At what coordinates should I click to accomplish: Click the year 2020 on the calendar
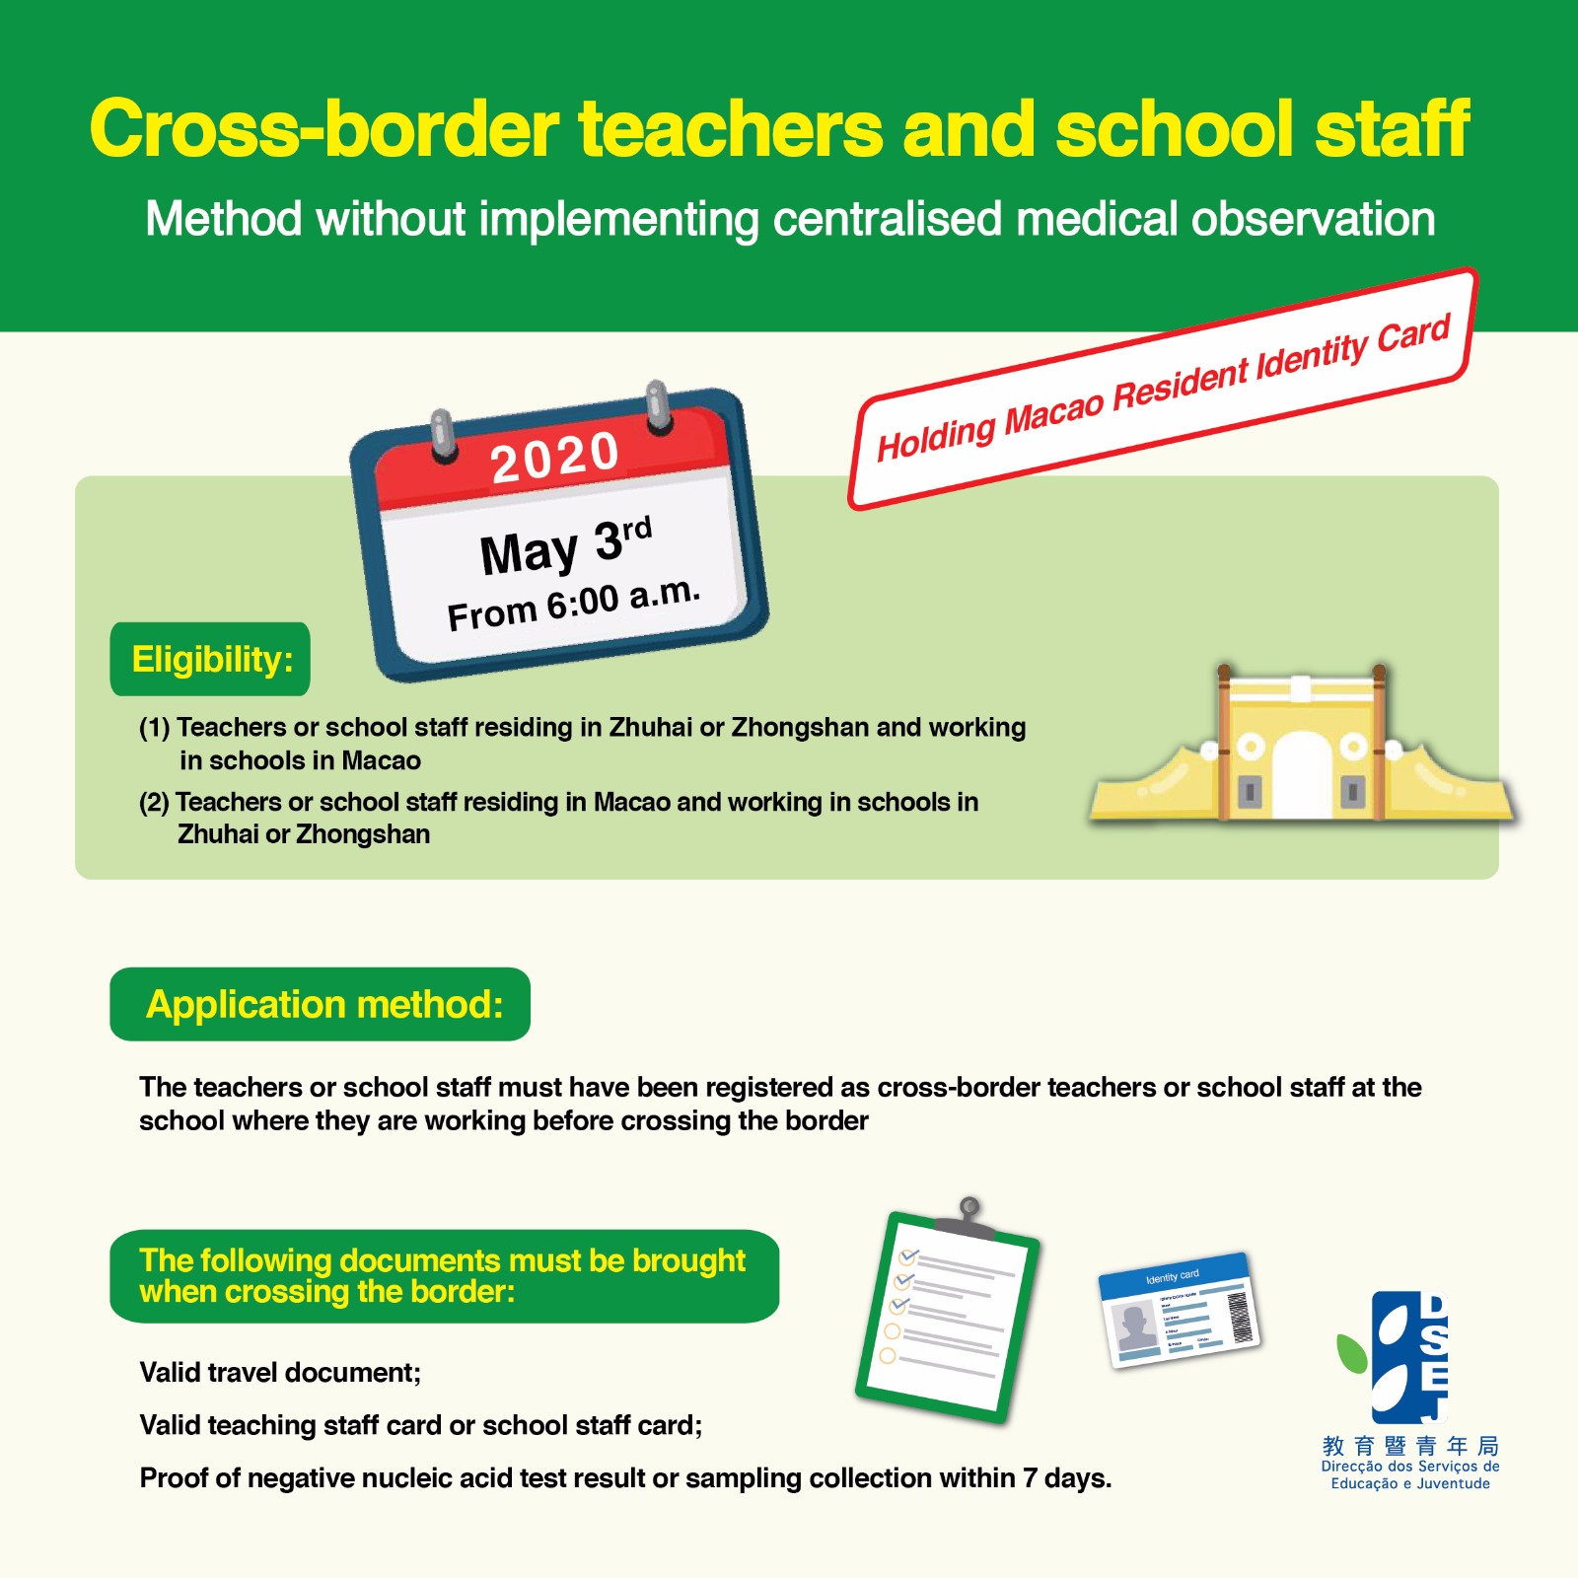pos(554,458)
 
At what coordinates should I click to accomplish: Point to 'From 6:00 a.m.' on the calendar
pos(573,604)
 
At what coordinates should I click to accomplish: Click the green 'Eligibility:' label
pos(211,659)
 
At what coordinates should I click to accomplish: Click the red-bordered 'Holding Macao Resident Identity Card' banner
pos(1163,389)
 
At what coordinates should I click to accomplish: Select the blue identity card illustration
pos(1180,1310)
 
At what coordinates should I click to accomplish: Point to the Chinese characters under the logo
pos(1410,1446)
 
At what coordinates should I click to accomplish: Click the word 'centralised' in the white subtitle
pos(888,219)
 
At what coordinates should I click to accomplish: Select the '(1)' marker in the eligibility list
pos(155,728)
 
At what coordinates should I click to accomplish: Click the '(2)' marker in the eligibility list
pos(155,802)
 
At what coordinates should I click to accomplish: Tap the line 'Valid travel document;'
pos(280,1372)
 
